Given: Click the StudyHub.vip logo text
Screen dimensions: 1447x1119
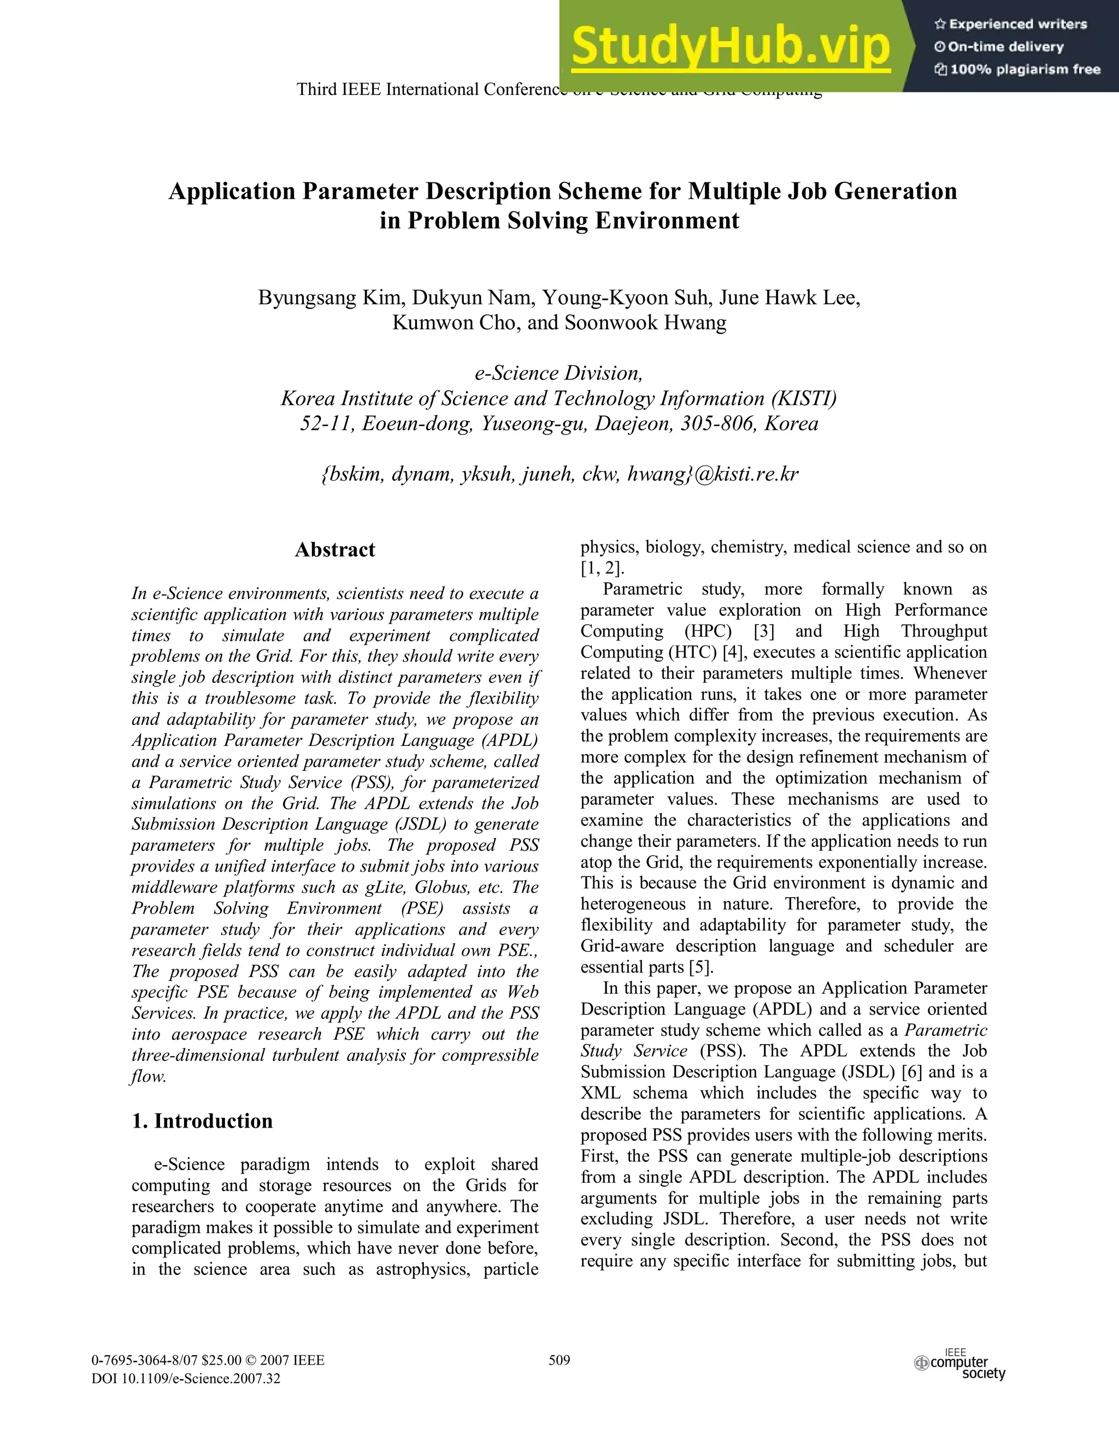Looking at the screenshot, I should coord(731,46).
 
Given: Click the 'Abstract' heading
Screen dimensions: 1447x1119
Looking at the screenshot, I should coord(335,550).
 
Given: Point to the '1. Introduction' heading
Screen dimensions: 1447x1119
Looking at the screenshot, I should coord(202,1121).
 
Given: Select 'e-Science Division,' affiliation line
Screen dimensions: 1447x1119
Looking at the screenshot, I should coord(559,373).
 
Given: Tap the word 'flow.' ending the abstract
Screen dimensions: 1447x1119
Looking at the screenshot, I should coord(149,1077).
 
